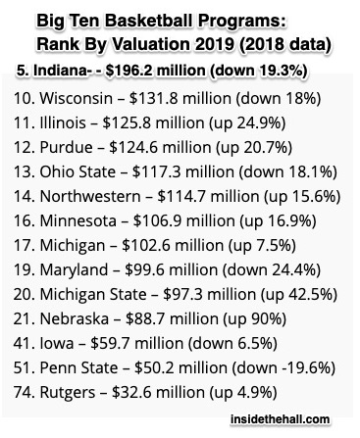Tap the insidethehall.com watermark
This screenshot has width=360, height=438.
point(280,419)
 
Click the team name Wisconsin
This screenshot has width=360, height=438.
point(76,98)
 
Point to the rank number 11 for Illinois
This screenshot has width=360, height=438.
point(23,122)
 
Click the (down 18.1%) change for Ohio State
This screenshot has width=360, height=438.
point(287,172)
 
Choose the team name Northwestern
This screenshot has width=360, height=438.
point(90,196)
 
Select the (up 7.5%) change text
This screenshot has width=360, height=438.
point(262,246)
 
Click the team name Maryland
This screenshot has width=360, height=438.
point(74,270)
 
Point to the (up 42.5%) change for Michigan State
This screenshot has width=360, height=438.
point(298,295)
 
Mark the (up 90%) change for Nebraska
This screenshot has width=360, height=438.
point(254,319)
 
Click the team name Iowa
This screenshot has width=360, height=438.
point(57,343)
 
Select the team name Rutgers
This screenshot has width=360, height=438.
point(68,393)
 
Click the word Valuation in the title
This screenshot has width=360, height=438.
point(151,44)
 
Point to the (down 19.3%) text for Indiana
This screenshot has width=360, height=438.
point(258,71)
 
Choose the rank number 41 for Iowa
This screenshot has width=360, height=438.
point(23,343)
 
